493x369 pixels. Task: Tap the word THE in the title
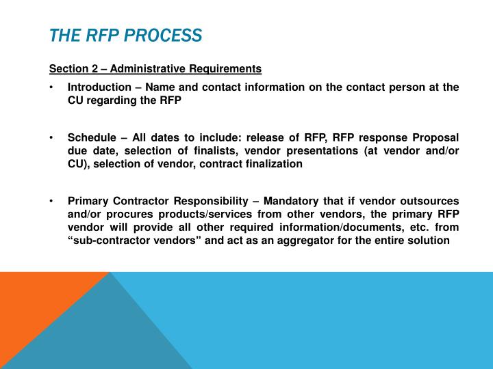tap(64, 35)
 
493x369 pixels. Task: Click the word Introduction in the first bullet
tap(99, 87)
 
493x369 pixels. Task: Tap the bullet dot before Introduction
tap(52, 87)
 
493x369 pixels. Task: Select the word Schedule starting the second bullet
tap(92, 138)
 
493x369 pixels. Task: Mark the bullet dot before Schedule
tap(52, 138)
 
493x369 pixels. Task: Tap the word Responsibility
tap(208, 202)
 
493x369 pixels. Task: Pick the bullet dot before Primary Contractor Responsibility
tap(52, 202)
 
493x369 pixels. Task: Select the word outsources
tap(431, 202)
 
